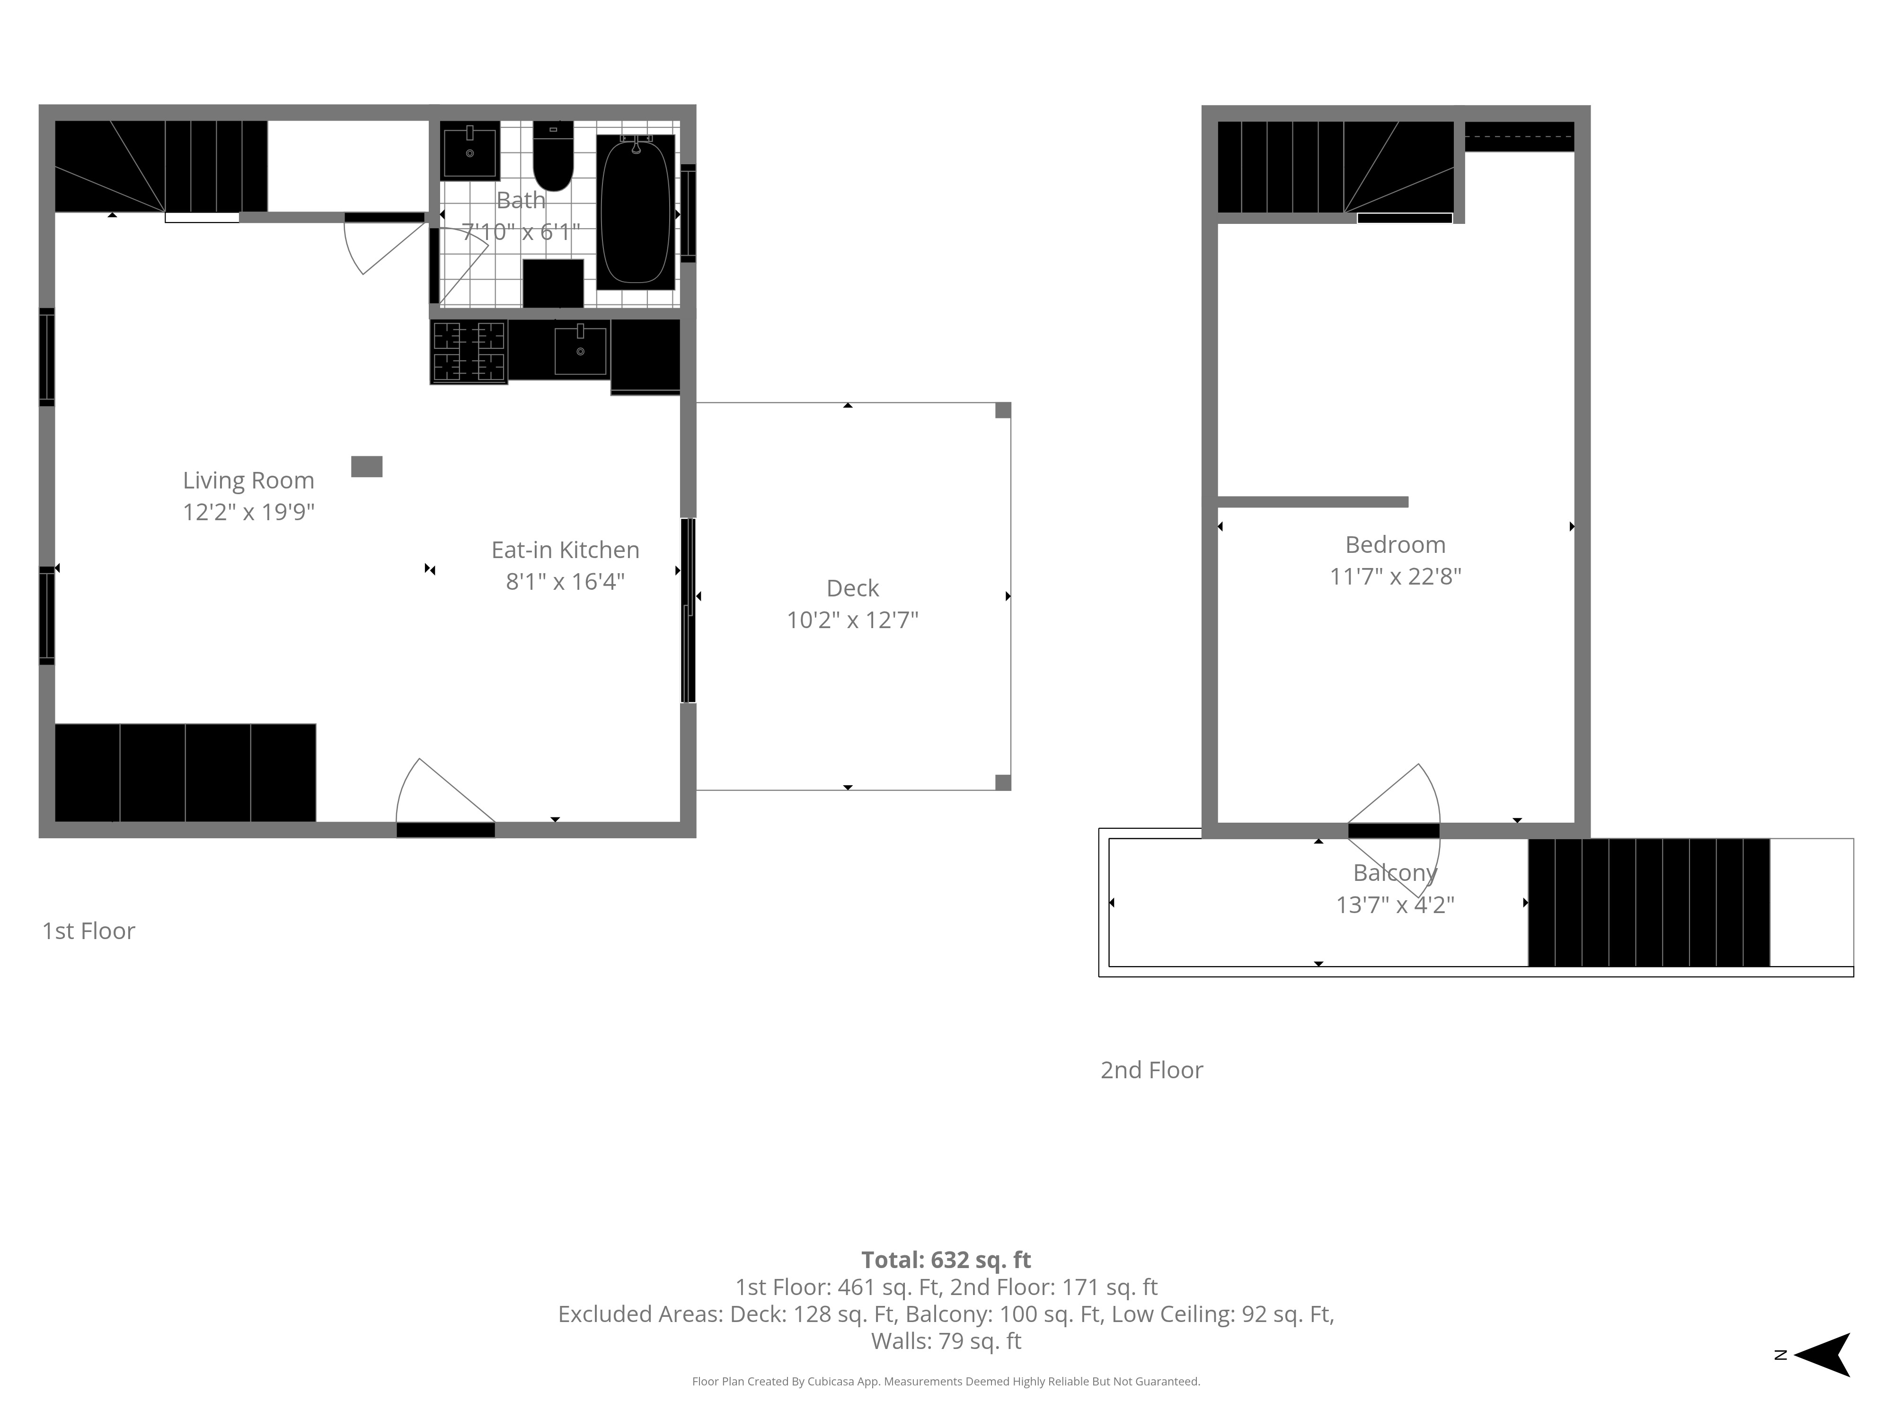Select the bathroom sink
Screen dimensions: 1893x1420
[470, 150]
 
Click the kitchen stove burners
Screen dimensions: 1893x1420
[469, 352]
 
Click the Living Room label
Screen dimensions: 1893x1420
[248, 480]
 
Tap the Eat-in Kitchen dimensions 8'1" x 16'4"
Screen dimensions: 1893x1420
[565, 581]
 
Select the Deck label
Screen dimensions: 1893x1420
[852, 588]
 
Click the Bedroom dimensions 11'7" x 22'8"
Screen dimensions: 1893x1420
[1395, 576]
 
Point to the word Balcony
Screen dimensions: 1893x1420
[1395, 872]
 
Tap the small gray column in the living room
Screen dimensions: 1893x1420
[366, 467]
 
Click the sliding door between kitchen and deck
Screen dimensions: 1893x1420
[688, 610]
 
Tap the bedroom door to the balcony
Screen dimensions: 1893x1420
[1393, 830]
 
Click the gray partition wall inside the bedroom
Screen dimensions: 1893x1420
[1313, 502]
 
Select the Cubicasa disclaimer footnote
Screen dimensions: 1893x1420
[946, 1382]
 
